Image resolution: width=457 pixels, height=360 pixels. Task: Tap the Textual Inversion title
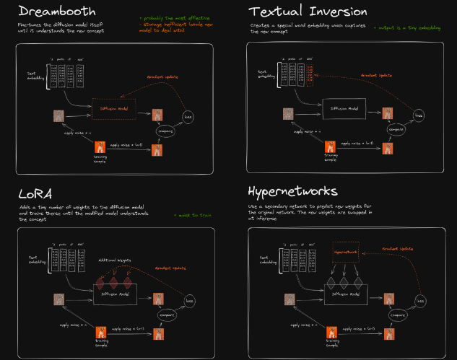(308, 12)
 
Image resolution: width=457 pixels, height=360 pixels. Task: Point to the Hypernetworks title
(292, 192)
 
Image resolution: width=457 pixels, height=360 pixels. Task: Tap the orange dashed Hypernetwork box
(348, 252)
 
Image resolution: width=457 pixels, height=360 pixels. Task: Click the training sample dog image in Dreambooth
(100, 146)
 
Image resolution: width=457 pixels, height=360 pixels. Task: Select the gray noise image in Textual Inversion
(287, 113)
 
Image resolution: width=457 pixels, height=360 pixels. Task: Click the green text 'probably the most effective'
(170, 15)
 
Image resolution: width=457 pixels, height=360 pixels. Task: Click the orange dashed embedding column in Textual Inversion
(310, 73)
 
